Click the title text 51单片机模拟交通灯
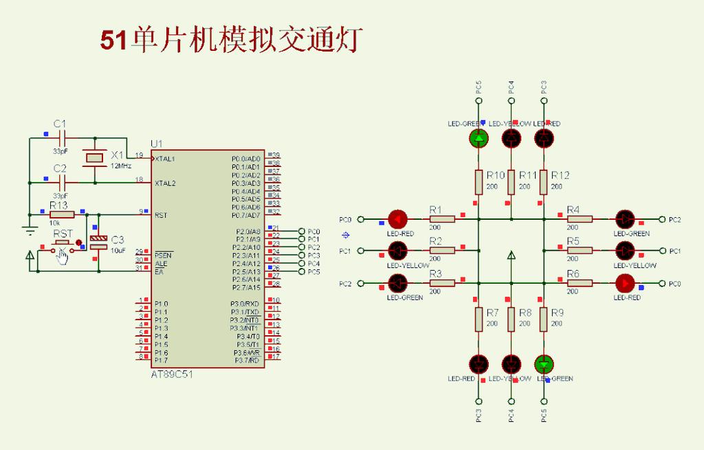[x=230, y=40]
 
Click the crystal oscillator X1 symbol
[x=93, y=158]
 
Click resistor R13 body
[x=62, y=215]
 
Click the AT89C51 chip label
[x=171, y=374]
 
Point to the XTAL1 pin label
[x=165, y=159]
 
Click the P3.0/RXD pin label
[x=245, y=304]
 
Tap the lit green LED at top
[x=479, y=139]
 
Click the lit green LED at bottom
[x=544, y=363]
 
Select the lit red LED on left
[x=398, y=219]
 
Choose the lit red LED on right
[x=625, y=283]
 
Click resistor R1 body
[x=442, y=219]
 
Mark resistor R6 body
[x=580, y=283]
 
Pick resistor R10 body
[x=479, y=182]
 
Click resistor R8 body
[x=511, y=319]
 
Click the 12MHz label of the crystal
[x=120, y=166]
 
